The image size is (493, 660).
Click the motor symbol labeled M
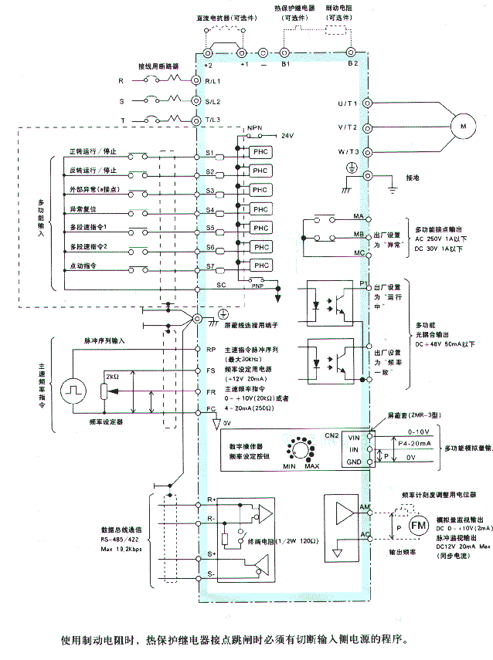pyautogui.click(x=464, y=125)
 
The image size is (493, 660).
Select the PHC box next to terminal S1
pyautogui.click(x=261, y=153)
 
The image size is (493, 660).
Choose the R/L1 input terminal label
pyautogui.click(x=212, y=80)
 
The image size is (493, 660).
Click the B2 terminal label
pyautogui.click(x=352, y=62)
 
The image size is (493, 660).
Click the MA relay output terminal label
pyautogui.click(x=359, y=217)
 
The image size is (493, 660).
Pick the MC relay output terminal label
pyautogui.click(x=359, y=252)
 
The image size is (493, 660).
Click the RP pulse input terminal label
pyautogui.click(x=209, y=350)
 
